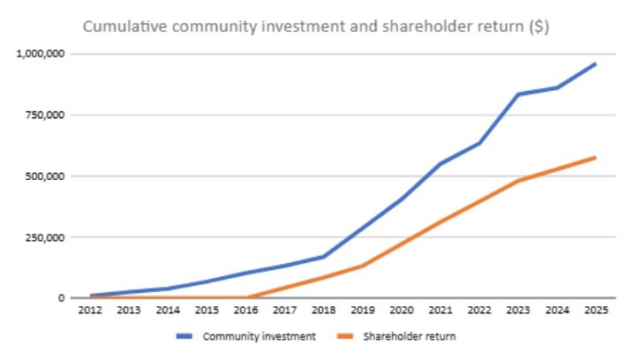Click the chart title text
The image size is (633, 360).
point(317,26)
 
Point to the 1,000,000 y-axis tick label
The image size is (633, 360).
point(41,54)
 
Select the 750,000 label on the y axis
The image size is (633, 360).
point(46,115)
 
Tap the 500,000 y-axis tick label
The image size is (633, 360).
point(46,176)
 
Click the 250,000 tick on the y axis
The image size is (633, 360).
point(46,237)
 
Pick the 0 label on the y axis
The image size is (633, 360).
point(61,298)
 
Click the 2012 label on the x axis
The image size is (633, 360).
point(90,311)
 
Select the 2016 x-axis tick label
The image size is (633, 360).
point(246,311)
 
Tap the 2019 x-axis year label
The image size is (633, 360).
point(363,311)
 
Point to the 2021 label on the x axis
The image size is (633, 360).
point(441,311)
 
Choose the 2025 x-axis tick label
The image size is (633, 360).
point(596,311)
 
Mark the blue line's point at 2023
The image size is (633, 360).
point(518,94)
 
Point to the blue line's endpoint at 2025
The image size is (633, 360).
point(596,64)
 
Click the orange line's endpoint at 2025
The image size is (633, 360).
point(596,157)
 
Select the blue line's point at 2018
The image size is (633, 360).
point(324,257)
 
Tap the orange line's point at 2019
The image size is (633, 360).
point(363,266)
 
